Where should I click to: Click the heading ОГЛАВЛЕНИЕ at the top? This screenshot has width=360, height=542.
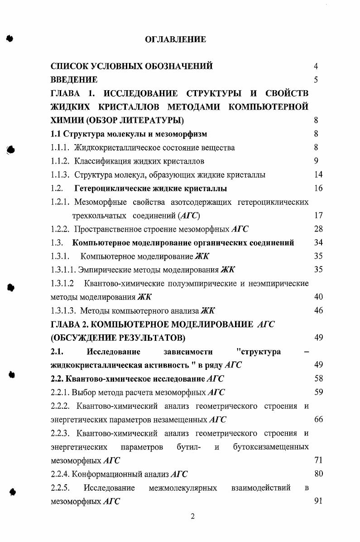(x=175, y=40)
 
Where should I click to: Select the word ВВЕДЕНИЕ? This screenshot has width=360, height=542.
(x=74, y=80)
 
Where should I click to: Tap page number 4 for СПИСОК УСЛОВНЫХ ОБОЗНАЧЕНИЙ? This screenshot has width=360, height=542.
(x=316, y=67)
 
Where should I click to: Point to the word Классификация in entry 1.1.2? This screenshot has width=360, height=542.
(x=101, y=161)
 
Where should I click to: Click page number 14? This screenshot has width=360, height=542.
(x=318, y=175)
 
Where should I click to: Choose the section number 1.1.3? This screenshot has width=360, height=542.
(x=60, y=175)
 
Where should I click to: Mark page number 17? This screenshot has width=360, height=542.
(x=318, y=216)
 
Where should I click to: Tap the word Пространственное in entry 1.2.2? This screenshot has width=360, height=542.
(x=106, y=229)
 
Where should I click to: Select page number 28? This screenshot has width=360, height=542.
(x=318, y=229)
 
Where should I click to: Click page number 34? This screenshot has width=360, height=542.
(x=318, y=243)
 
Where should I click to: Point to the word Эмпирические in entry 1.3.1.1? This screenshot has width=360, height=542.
(x=104, y=270)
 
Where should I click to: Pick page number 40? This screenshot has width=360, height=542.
(x=318, y=297)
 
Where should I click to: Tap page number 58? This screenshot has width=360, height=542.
(x=318, y=378)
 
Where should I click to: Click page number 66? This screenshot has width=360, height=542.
(x=318, y=419)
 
